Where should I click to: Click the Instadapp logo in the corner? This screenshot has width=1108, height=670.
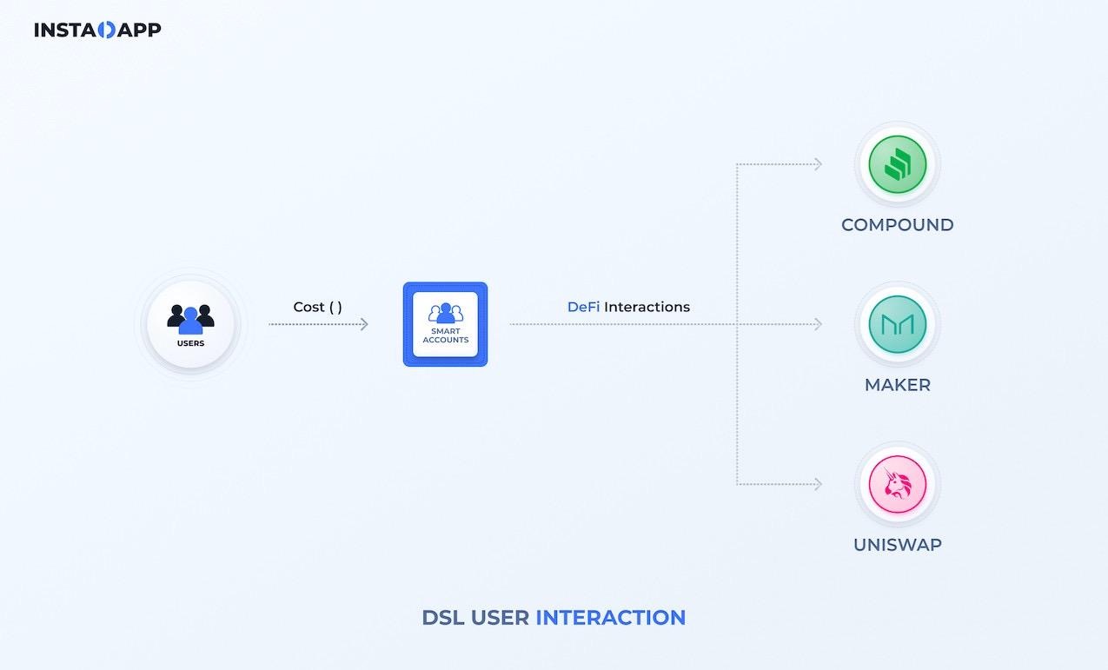(x=97, y=30)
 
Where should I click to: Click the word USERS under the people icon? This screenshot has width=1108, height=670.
(x=190, y=343)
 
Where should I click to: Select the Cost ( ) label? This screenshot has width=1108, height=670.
(x=317, y=307)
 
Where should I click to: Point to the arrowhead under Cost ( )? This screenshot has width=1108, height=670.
(x=364, y=324)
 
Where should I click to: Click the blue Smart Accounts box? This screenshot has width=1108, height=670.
(x=445, y=323)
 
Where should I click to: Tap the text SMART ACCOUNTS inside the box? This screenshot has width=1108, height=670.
(x=445, y=335)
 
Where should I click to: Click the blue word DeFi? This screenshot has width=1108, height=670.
(x=583, y=307)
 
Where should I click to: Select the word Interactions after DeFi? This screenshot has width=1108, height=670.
(x=647, y=307)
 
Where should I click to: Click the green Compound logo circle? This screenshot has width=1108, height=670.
(x=898, y=164)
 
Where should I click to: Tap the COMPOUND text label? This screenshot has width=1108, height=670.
(x=897, y=225)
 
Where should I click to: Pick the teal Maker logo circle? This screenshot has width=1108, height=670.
(x=898, y=324)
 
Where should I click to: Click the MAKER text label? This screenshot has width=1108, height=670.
(x=897, y=385)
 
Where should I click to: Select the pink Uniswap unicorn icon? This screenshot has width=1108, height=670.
(x=898, y=484)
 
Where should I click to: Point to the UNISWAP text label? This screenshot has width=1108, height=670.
(x=897, y=545)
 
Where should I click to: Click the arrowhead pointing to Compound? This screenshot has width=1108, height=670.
(x=818, y=164)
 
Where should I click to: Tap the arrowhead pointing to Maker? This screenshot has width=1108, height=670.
(x=818, y=324)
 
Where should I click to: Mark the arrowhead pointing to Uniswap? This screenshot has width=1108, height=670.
(x=818, y=484)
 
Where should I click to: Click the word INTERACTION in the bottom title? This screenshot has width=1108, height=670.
(x=610, y=618)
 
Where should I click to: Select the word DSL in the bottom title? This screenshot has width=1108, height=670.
(x=443, y=618)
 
